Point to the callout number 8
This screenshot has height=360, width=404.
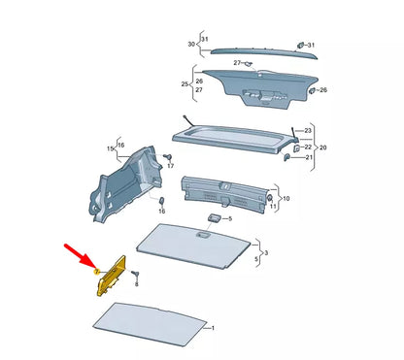tap(137, 285)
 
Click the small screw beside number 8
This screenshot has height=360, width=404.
tap(136, 274)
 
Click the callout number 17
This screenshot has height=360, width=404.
tap(170, 166)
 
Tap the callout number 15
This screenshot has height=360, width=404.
tap(110, 147)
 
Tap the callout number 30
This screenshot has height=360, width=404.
tap(191, 45)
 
